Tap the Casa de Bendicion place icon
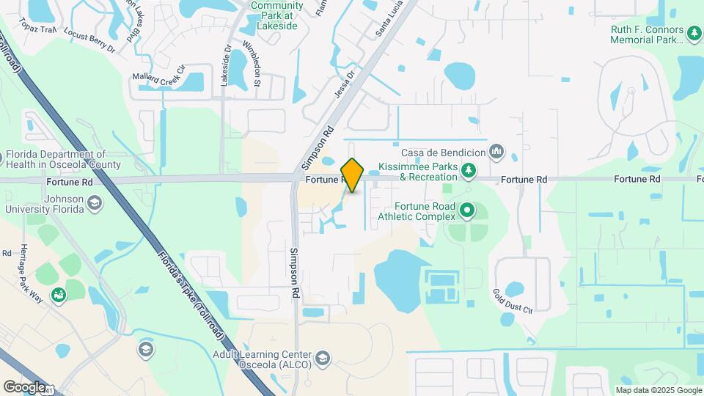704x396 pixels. click(x=496, y=152)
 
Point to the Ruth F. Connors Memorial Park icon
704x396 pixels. click(x=694, y=32)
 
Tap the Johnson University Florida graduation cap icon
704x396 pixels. click(x=94, y=202)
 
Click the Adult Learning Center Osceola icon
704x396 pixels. click(x=322, y=358)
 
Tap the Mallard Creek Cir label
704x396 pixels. click(x=158, y=77)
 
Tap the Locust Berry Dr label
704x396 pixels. click(x=89, y=40)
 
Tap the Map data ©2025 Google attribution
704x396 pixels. click(x=658, y=390)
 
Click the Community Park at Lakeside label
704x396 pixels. click(x=276, y=15)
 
